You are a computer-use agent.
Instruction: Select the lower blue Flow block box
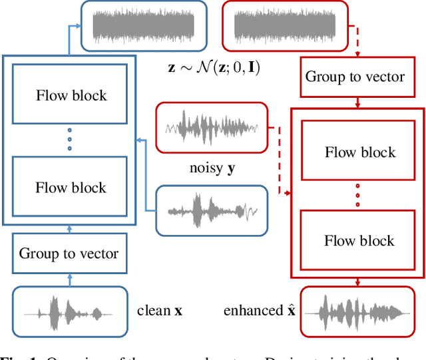(x=71, y=188)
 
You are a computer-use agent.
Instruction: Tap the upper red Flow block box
(x=359, y=152)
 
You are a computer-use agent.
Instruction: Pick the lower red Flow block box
(x=359, y=240)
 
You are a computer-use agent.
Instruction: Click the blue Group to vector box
(x=69, y=253)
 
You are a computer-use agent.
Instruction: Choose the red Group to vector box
(x=355, y=77)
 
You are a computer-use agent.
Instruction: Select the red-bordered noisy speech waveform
(x=212, y=126)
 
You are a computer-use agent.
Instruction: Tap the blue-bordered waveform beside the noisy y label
(x=212, y=211)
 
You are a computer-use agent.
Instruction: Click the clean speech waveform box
(x=69, y=311)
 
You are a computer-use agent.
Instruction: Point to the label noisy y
(x=211, y=168)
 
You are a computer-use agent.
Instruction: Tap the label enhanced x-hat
(x=258, y=311)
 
